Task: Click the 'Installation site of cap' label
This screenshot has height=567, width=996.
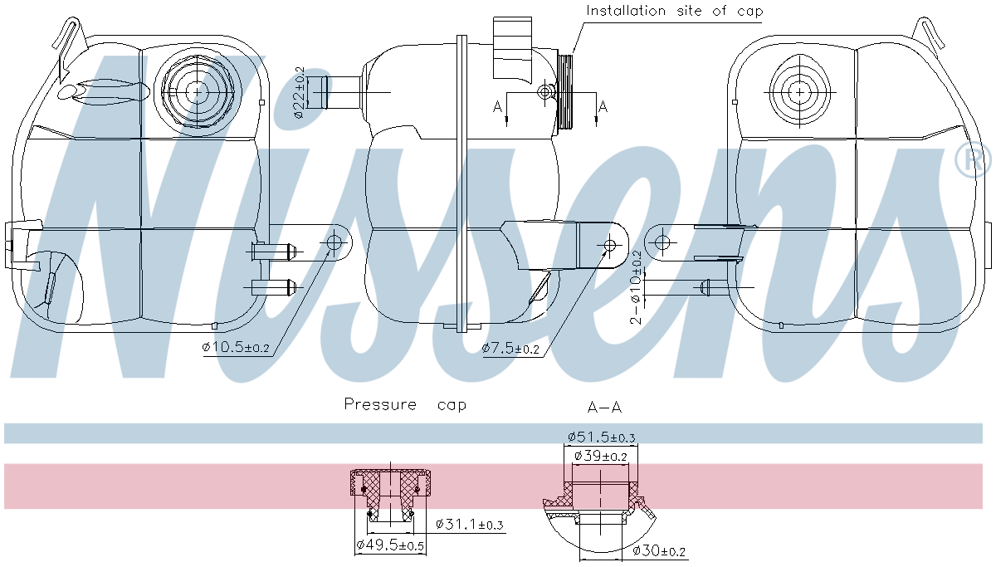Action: coord(675,11)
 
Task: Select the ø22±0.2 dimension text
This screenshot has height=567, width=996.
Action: coord(299,93)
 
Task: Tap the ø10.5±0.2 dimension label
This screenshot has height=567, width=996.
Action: coord(236,347)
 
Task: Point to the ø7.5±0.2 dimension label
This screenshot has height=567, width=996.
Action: coord(510,348)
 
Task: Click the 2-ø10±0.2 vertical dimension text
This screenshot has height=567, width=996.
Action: coord(637,287)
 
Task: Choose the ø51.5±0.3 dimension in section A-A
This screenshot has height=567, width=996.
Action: coord(602,437)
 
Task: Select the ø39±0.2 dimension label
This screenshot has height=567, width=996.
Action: coord(600,456)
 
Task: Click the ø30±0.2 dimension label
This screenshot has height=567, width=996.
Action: coord(659,551)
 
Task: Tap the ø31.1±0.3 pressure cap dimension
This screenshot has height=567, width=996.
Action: coord(470,525)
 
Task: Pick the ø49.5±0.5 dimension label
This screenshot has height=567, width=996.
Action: coord(390,545)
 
